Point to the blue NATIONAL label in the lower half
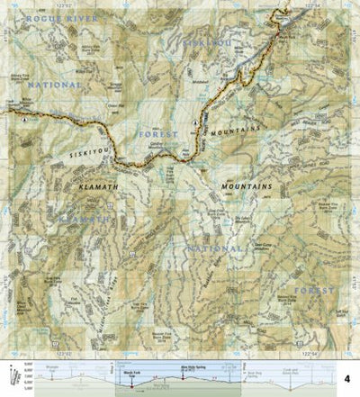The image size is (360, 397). [214, 248]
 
